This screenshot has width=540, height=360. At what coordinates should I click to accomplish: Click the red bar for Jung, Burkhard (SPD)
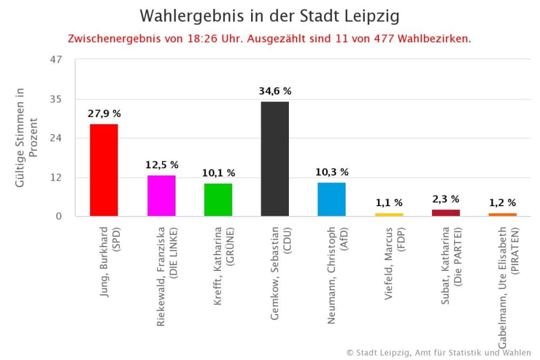104,170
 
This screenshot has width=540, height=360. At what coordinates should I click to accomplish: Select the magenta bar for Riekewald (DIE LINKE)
161,195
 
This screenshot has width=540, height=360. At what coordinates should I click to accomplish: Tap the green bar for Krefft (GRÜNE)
218,200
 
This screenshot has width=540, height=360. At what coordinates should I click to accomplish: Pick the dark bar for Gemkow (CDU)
275,159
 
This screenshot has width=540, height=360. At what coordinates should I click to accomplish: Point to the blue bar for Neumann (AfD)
332,199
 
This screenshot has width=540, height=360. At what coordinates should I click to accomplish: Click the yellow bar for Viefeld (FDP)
389,215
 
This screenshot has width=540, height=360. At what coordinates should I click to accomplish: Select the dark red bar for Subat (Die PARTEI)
446,213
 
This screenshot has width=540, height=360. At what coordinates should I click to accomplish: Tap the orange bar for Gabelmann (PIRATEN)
503,215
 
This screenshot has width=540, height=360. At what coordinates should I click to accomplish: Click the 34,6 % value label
275,91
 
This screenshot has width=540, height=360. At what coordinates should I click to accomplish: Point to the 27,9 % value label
104,114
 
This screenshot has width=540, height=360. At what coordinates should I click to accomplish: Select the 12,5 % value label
161,165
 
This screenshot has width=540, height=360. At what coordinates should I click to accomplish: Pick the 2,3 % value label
446,199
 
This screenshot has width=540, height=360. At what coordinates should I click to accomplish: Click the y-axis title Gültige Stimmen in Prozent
26,138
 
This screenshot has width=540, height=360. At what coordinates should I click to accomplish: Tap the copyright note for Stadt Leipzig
438,352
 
